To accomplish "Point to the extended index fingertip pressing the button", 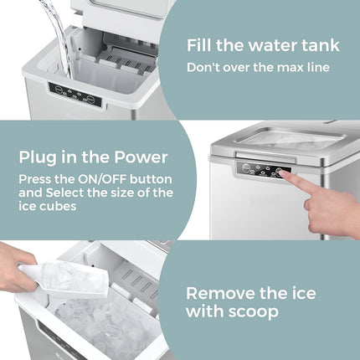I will (283, 176).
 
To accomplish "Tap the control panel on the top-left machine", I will (75, 94).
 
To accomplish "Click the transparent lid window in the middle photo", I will (285, 140).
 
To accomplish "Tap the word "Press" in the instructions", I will (35, 178).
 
